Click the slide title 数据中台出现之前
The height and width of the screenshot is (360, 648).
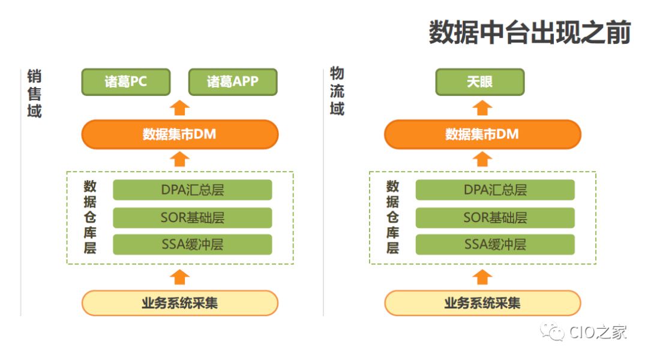tap(529, 32)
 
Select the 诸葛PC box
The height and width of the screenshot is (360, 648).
tap(126, 82)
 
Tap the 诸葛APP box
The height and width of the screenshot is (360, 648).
tap(233, 82)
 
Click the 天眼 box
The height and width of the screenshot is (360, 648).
tap(480, 82)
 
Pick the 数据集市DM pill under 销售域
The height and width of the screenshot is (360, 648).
tap(180, 134)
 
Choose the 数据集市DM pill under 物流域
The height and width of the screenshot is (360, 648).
tap(482, 134)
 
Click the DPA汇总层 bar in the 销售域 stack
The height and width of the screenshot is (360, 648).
tap(192, 190)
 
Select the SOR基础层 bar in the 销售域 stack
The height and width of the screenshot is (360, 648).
tap(192, 217)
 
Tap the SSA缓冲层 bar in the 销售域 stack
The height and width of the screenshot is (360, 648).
tap(192, 244)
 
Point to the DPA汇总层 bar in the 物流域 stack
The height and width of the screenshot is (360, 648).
tap(495, 190)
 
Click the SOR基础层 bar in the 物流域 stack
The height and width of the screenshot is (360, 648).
tap(495, 217)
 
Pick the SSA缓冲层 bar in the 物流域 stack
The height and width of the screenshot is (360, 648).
tap(495, 244)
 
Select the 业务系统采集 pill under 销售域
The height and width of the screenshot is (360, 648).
tap(180, 303)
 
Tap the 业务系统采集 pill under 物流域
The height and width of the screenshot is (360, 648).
tap(482, 303)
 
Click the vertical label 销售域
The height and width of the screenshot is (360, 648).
tap(34, 94)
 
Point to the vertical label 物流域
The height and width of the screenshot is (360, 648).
tap(337, 92)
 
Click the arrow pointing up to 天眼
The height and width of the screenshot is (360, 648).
tap(482, 108)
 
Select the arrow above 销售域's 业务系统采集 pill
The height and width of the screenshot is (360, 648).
tap(180, 277)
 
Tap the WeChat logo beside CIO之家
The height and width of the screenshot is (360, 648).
tap(552, 331)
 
